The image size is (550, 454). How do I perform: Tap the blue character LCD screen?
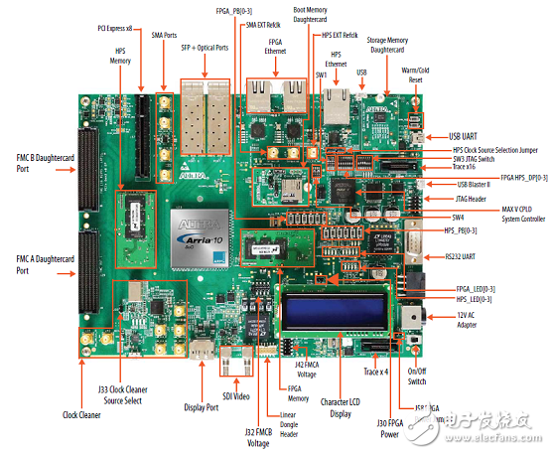(x=337, y=310)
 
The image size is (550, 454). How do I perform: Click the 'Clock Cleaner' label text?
(x=84, y=414)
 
